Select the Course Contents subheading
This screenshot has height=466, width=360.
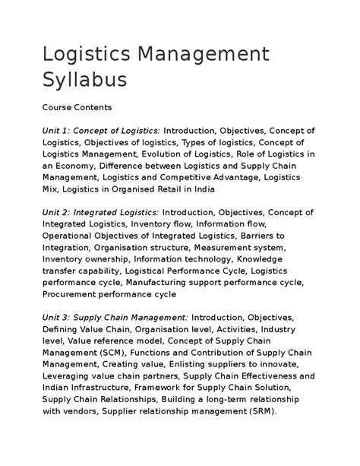tap(77, 108)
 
